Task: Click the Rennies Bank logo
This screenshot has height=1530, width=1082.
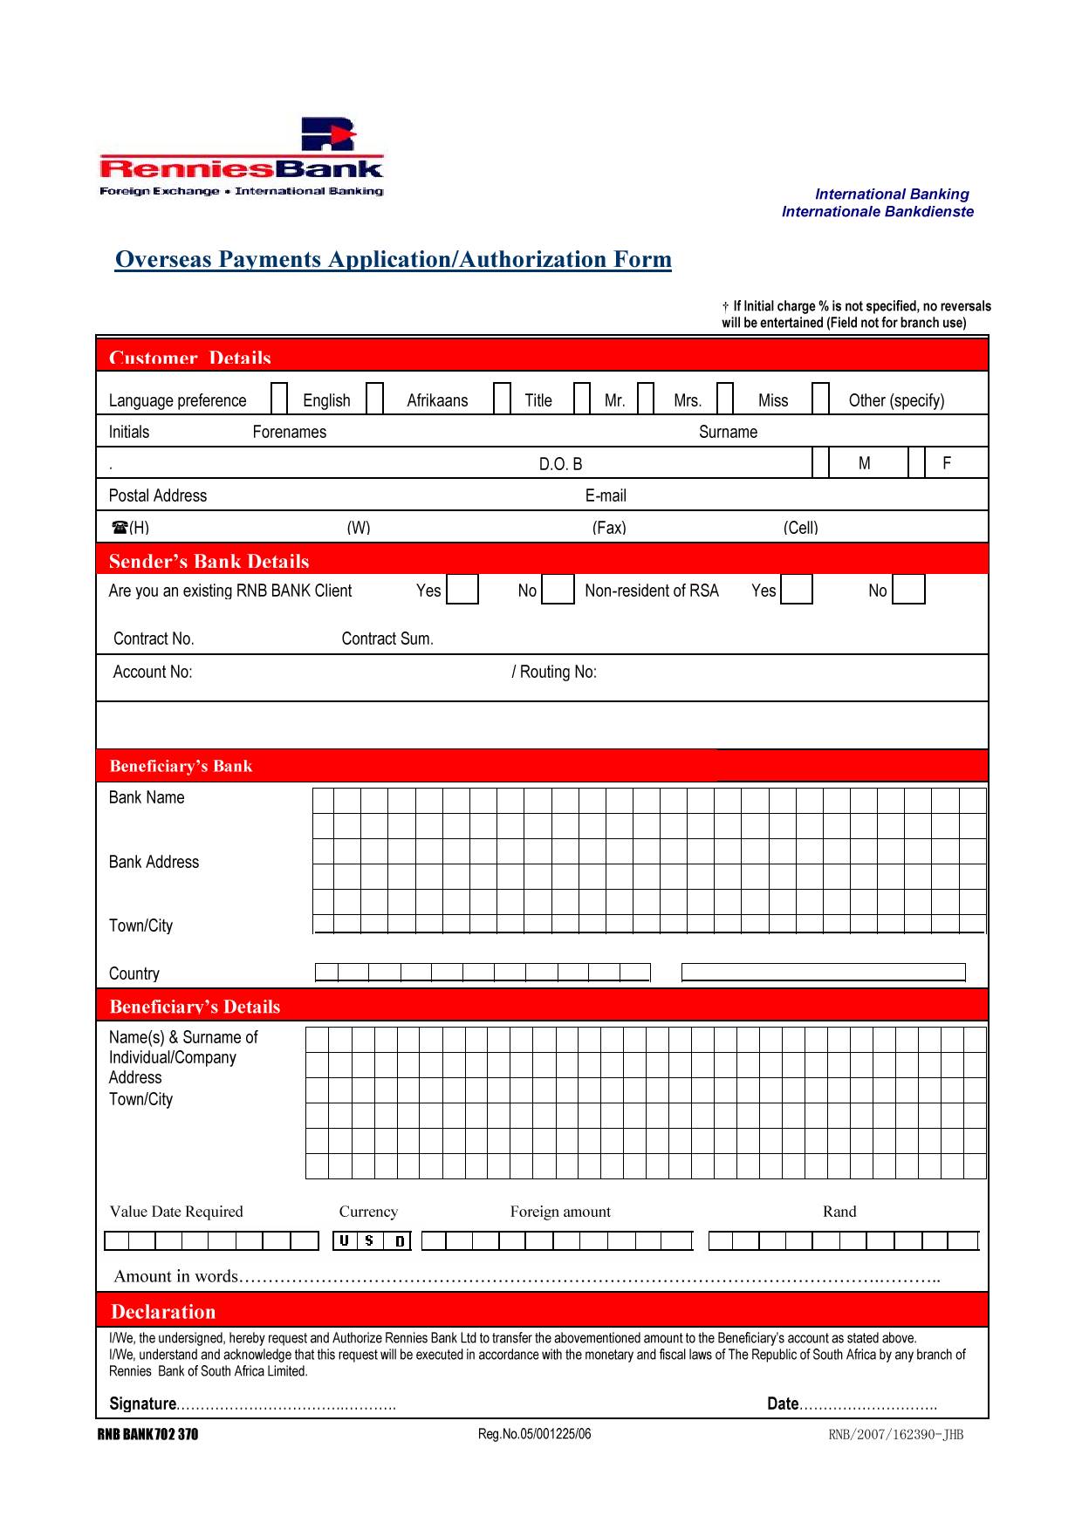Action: pyautogui.click(x=242, y=158)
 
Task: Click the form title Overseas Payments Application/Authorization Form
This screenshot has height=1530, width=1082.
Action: pyautogui.click(x=394, y=260)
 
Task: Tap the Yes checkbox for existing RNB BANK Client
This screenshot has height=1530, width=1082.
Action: pyautogui.click(x=462, y=590)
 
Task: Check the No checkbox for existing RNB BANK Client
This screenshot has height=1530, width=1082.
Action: pyautogui.click(x=558, y=590)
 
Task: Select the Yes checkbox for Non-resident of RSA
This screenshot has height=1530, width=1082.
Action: pyautogui.click(x=796, y=590)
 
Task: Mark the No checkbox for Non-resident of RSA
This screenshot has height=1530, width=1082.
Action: pyautogui.click(x=908, y=590)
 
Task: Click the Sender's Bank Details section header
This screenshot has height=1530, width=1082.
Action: pyautogui.click(x=209, y=561)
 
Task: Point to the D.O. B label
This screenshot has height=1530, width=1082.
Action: pyautogui.click(x=560, y=464)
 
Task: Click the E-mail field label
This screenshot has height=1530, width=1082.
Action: pyautogui.click(x=606, y=495)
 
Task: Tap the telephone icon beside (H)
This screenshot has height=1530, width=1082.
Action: pyautogui.click(x=120, y=527)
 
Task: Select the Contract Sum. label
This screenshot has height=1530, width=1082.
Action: pyautogui.click(x=387, y=639)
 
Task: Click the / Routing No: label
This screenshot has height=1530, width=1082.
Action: pyautogui.click(x=554, y=672)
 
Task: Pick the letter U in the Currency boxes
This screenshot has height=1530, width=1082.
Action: pyautogui.click(x=345, y=1240)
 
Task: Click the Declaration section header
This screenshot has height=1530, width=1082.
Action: pyautogui.click(x=163, y=1312)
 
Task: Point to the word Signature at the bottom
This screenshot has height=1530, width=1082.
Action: pyautogui.click(x=142, y=1404)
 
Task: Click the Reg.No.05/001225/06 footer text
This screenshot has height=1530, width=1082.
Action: pyautogui.click(x=534, y=1434)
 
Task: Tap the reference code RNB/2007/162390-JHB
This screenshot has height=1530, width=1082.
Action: pyautogui.click(x=895, y=1435)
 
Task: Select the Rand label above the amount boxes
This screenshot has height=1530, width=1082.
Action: pyautogui.click(x=839, y=1212)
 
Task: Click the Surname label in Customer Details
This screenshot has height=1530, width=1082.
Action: pyautogui.click(x=728, y=432)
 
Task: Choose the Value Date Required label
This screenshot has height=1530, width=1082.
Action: pyautogui.click(x=176, y=1212)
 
